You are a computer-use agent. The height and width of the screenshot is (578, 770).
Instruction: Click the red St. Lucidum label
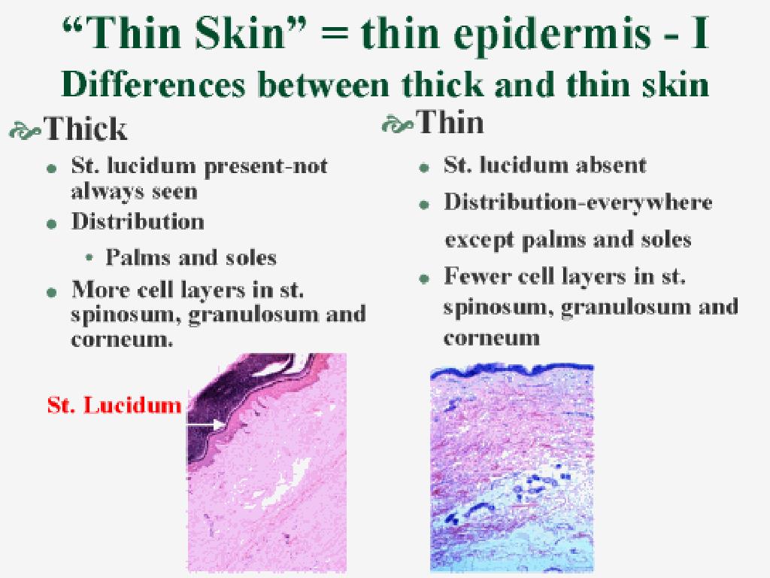pyautogui.click(x=114, y=406)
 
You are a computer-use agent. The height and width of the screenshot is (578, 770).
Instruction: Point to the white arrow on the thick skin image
pyautogui.click(x=206, y=424)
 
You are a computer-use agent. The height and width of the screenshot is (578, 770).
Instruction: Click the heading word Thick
pyautogui.click(x=86, y=129)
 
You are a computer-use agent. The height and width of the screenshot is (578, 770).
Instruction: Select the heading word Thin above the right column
pyautogui.click(x=450, y=122)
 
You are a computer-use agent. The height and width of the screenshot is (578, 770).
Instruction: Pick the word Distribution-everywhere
pyautogui.click(x=577, y=202)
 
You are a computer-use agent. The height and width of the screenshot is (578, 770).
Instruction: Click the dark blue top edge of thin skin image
pyautogui.click(x=511, y=370)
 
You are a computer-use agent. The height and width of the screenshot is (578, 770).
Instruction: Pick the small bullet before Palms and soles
pyautogui.click(x=89, y=258)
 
